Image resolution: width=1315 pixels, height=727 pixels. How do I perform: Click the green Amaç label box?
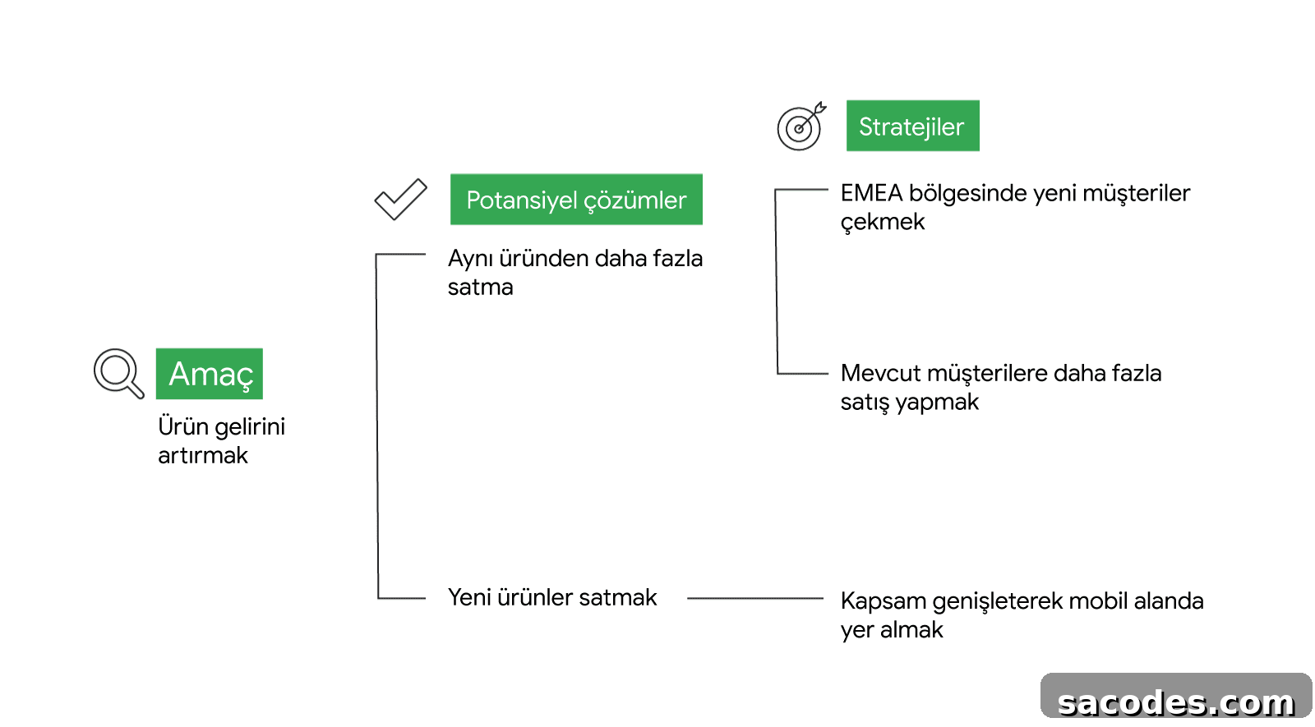point(209,374)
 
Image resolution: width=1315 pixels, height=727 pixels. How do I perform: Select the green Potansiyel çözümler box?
point(576,200)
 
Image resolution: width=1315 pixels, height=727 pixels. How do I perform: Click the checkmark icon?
point(401,200)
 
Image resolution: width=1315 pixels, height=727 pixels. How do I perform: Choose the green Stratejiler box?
point(912,126)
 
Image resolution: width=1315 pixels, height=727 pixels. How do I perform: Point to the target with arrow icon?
point(801,127)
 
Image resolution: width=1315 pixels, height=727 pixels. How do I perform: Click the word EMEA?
point(871,193)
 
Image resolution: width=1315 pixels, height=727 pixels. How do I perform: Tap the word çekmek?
point(883,223)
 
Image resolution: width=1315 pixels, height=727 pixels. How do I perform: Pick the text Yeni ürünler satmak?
point(551,597)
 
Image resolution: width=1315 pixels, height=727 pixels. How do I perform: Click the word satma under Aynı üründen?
point(480,288)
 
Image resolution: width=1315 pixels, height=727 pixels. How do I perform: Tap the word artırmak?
point(202,455)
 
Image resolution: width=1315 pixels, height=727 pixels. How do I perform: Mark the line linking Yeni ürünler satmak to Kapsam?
point(755,599)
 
